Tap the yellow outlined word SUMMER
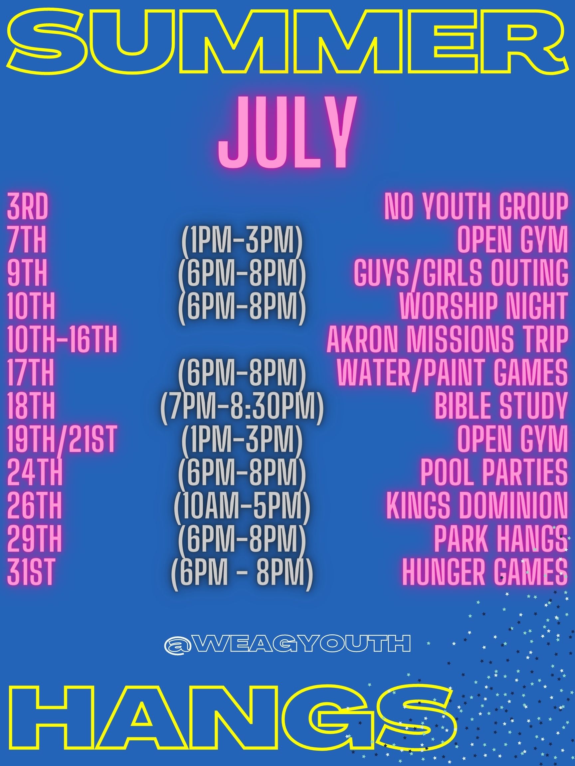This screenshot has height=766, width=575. point(287,41)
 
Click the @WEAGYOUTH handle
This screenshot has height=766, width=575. point(287,643)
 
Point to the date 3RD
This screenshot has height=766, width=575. point(27,208)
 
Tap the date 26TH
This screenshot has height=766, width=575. point(34,505)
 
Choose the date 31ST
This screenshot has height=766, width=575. point(31,571)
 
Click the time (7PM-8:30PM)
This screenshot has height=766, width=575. point(242,407)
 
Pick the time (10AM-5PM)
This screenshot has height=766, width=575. point(242,507)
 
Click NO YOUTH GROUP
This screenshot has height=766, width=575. point(476,208)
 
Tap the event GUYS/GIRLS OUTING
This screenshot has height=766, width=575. point(461,274)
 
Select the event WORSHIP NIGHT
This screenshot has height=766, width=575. point(483,307)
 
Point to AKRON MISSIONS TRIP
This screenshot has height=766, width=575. point(448,340)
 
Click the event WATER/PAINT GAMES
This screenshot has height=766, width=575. point(452,373)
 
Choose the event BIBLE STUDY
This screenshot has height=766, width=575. point(501,406)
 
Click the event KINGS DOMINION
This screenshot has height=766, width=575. point(477,505)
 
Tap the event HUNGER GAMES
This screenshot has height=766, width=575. point(485,571)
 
